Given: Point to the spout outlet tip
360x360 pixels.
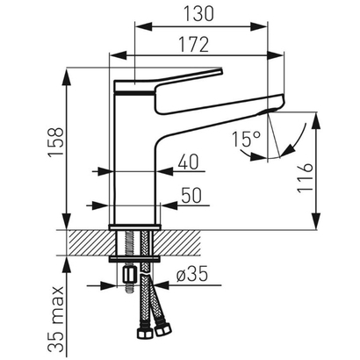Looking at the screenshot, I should (274, 106).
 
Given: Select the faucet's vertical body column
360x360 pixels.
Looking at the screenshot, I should (135, 167).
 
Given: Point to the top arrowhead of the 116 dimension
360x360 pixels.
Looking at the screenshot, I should (312, 118).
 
